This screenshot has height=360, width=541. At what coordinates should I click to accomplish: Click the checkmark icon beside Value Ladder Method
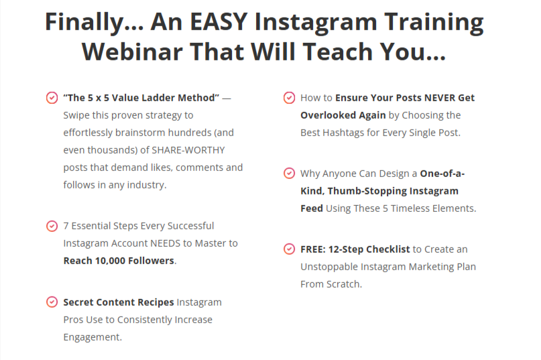[x=52, y=98]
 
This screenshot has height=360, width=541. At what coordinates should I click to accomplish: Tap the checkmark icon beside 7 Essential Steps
[x=52, y=226]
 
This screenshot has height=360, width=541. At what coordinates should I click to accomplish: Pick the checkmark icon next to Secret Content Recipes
[x=52, y=302]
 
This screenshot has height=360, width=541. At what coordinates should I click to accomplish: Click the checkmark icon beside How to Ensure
[x=289, y=98]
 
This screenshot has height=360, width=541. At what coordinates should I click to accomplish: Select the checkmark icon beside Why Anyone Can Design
[x=289, y=174]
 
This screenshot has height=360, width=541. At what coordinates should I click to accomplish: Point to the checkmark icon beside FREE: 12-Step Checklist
[x=289, y=249]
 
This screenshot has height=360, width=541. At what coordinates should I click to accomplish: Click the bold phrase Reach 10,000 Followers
[x=119, y=261]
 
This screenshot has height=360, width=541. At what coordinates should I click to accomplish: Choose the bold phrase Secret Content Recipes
[x=119, y=302]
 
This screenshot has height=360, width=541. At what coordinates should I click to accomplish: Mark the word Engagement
[x=93, y=337]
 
